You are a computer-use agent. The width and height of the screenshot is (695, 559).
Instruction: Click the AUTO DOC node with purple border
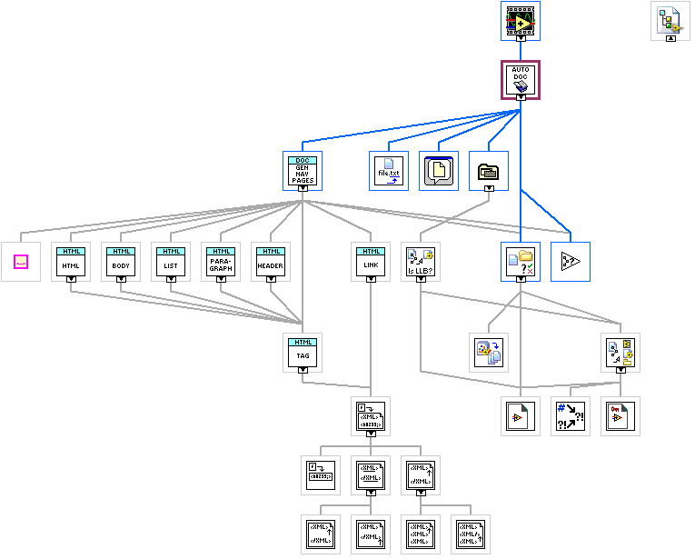click(521, 80)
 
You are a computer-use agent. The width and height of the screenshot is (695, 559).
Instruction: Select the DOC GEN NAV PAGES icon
click(303, 170)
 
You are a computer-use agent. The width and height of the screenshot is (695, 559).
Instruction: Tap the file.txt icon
click(389, 171)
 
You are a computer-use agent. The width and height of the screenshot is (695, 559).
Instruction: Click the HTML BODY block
click(121, 262)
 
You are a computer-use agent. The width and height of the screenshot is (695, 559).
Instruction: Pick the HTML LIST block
click(171, 262)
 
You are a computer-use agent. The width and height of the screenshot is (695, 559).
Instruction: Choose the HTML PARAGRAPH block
click(221, 262)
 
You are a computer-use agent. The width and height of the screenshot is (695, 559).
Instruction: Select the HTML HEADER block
click(271, 262)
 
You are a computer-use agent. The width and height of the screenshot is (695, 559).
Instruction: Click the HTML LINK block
click(371, 262)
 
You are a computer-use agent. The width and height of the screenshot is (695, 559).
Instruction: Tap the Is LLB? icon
click(421, 262)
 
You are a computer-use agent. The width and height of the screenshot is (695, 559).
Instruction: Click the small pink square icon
click(21, 262)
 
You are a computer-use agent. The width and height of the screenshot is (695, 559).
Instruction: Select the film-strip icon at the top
click(521, 19)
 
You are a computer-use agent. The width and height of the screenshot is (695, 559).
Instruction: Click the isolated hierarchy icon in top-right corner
click(670, 19)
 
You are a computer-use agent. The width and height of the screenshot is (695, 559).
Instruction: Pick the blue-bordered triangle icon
click(571, 262)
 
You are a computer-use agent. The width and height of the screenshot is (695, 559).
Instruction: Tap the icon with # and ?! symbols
click(571, 416)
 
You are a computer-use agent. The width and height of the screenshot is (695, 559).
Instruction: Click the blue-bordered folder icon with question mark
click(521, 262)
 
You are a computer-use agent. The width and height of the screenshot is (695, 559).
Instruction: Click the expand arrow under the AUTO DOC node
click(521, 97)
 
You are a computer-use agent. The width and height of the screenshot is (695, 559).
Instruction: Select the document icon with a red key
click(621, 416)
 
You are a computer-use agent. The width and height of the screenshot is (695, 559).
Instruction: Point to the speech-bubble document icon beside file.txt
click(439, 171)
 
